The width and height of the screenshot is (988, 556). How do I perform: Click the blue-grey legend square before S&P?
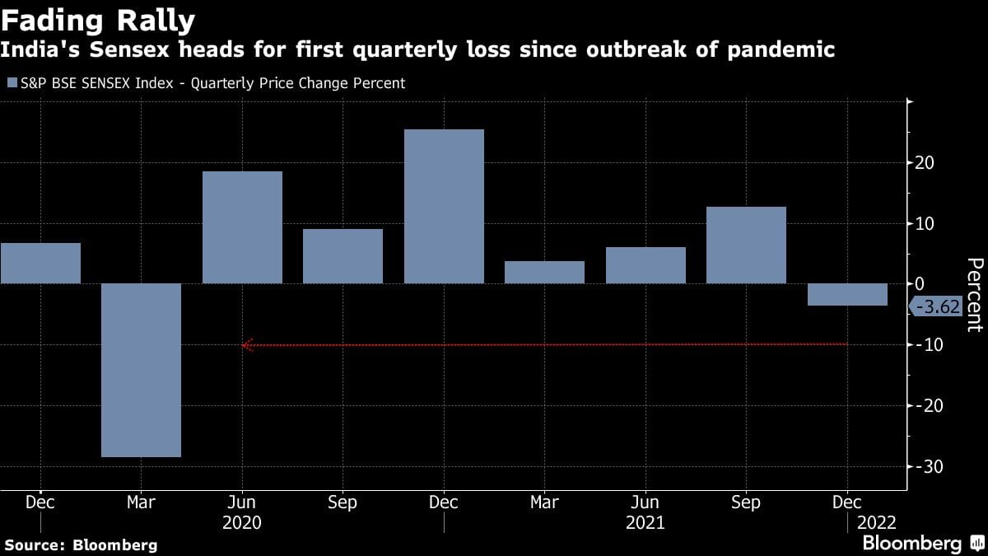tap(11, 83)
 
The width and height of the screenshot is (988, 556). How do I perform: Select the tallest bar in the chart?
tap(444, 206)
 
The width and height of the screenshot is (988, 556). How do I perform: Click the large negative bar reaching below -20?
tap(141, 370)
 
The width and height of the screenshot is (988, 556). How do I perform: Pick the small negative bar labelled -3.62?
tap(847, 294)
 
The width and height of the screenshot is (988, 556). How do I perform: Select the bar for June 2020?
tap(242, 227)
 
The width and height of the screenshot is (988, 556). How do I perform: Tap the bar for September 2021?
tap(746, 245)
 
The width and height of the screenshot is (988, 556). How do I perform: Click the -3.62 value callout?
tap(935, 307)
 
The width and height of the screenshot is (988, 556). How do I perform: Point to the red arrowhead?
tap(246, 345)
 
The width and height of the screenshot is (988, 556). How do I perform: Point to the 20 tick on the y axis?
tap(923, 162)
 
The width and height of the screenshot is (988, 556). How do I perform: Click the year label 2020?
tap(242, 523)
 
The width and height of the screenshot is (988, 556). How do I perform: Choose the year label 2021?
tap(645, 523)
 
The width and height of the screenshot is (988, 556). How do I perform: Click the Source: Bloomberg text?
tap(80, 544)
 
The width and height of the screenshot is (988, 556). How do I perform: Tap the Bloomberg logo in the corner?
tap(921, 543)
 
